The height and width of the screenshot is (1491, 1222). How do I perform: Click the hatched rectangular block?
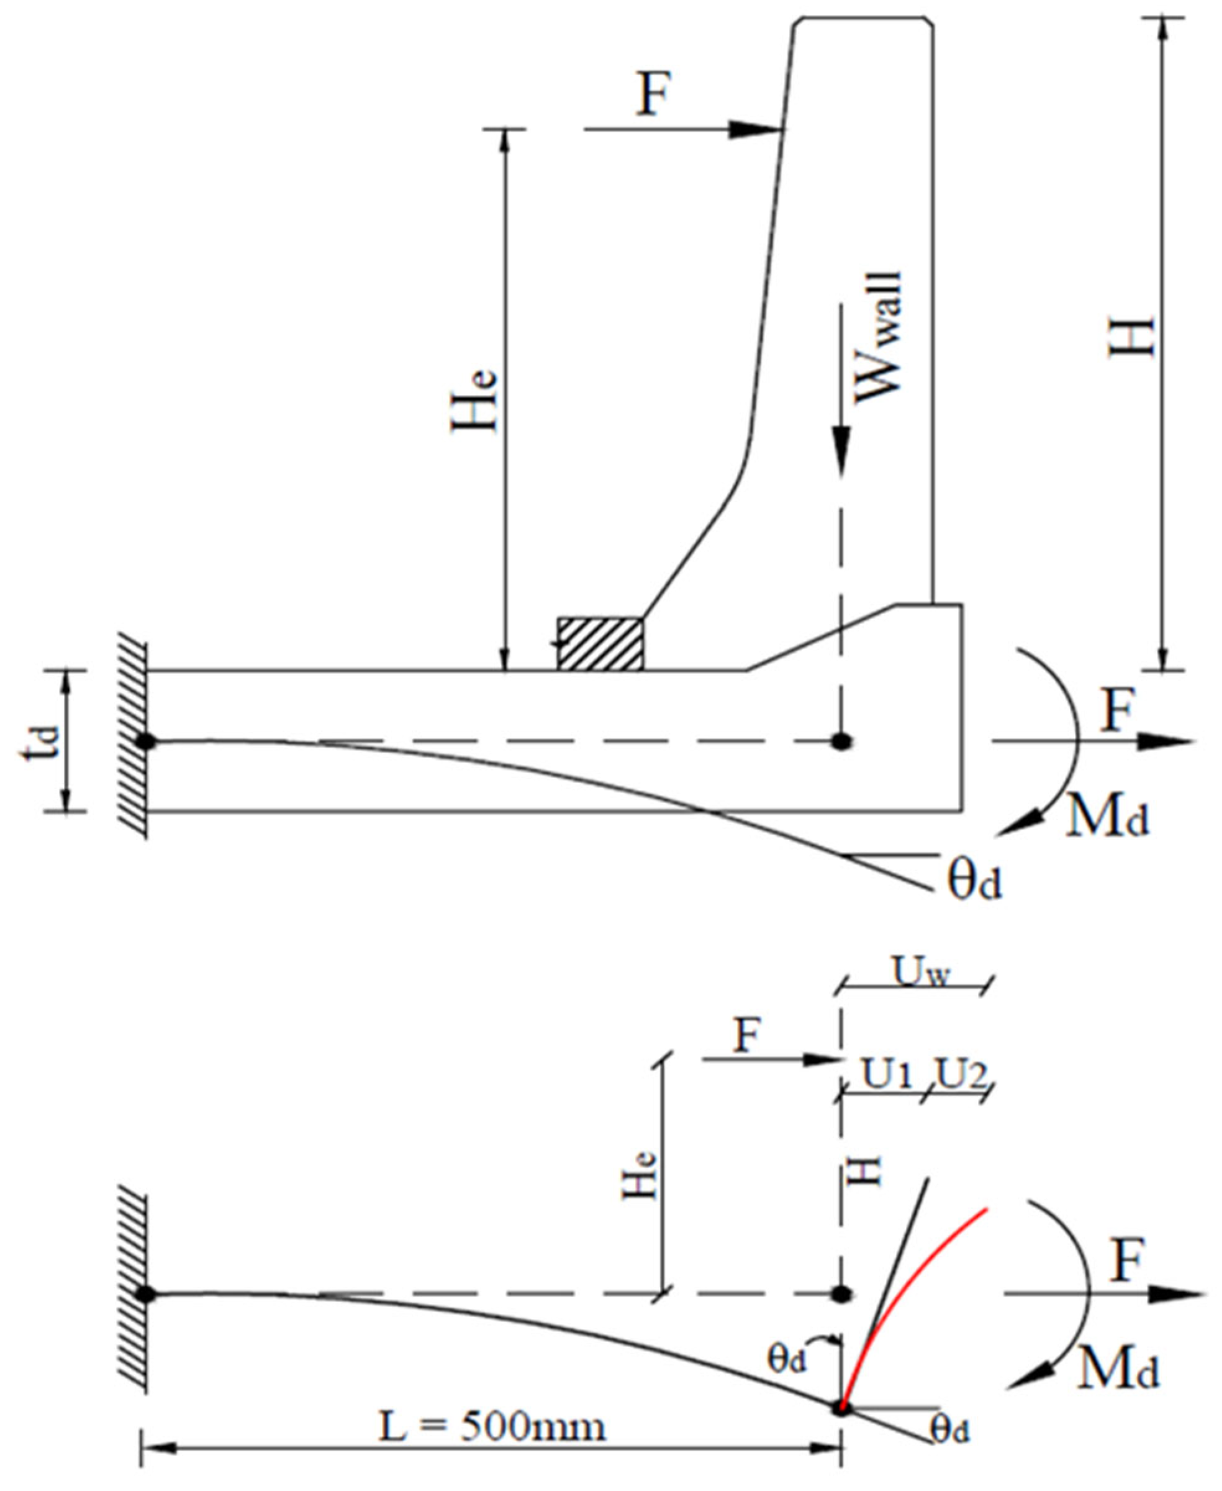tap(600, 643)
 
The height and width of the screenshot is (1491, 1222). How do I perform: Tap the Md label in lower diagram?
tap(1118, 1368)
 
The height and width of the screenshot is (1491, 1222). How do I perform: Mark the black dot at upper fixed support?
tap(146, 741)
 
